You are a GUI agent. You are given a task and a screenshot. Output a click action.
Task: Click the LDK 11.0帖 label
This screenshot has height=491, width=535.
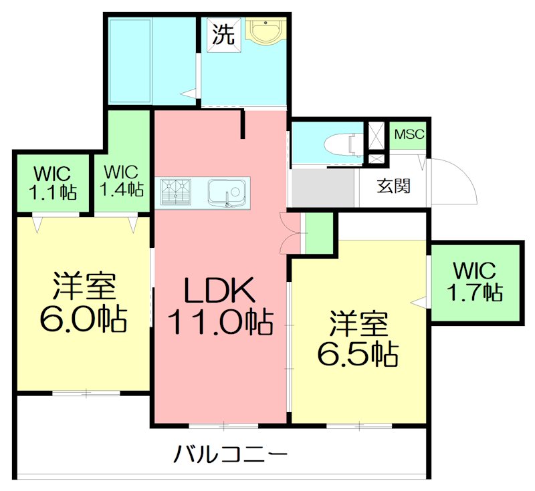pos(219,307)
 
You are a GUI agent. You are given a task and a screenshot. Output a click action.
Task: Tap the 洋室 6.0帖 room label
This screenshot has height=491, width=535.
pos(84,304)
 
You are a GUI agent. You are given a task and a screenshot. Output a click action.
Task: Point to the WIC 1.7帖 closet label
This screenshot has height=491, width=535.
pos(474,281)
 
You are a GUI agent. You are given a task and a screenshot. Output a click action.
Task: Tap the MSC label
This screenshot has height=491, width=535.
pos(409,134)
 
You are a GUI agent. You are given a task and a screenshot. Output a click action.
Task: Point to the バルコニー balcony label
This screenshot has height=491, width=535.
pos(231,456)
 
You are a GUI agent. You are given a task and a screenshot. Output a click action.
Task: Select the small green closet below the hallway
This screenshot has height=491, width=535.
pos(319,233)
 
